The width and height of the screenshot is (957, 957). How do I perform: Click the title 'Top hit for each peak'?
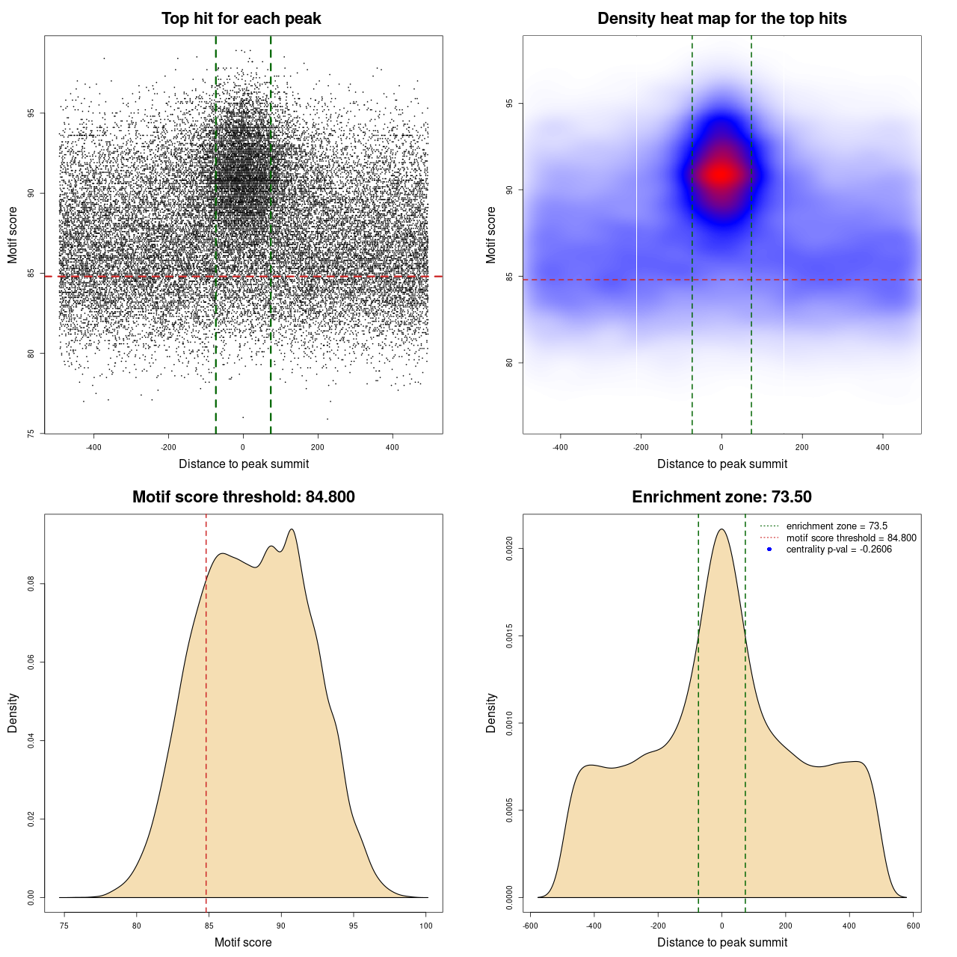pos(241,19)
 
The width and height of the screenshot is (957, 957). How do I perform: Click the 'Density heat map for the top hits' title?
pos(721,19)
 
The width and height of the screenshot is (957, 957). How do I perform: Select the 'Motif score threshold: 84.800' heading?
pos(243,497)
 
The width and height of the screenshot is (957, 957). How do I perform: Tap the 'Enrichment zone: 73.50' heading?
pos(721,497)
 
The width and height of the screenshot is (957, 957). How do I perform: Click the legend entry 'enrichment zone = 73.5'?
pos(836,526)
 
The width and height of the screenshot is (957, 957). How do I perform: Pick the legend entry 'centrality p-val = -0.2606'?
pos(838,550)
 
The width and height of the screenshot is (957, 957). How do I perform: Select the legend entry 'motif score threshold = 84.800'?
pos(851,538)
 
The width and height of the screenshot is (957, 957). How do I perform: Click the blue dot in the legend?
pos(769,550)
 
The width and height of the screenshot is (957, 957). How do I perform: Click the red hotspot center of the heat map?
pos(721,174)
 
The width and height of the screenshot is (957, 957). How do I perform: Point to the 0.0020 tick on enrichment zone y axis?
pos(510,549)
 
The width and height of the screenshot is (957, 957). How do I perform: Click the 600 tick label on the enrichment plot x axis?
pos(913,926)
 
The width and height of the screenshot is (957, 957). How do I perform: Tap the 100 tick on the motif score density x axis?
pos(426,926)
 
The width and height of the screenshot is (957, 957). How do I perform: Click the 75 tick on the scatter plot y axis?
pos(31,433)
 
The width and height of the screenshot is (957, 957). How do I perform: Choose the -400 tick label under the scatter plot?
pos(93,447)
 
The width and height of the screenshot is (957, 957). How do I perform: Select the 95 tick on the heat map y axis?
pos(510,103)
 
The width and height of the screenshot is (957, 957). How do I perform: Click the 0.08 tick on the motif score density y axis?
pos(31,584)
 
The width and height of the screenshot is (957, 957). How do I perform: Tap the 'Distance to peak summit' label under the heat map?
pos(721,464)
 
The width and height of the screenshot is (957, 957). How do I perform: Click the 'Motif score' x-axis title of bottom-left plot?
pos(243,943)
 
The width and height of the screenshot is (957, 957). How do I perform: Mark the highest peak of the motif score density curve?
pos(292,529)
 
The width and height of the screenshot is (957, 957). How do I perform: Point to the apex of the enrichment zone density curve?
pos(721,529)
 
